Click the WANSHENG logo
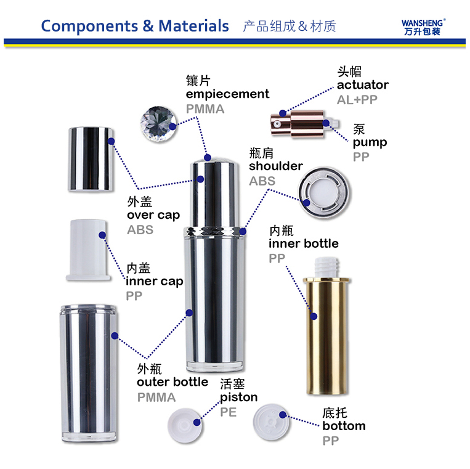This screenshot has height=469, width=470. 423,27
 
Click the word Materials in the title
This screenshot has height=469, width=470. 193,26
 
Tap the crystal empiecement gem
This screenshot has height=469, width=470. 158,124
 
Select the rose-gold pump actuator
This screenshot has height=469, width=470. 305,124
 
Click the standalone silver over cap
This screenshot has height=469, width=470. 91,159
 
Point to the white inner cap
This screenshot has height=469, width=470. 88,250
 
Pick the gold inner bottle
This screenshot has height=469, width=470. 326,325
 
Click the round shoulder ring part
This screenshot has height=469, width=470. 324,192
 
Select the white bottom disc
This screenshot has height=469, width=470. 271,422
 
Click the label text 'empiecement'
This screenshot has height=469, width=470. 227,94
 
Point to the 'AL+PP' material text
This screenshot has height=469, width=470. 357,100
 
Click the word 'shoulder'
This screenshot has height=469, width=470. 276,166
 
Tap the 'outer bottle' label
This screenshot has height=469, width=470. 172,382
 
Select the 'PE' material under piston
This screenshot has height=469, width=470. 229,412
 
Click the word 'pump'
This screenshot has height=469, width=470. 370,142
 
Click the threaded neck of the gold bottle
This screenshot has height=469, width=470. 326,267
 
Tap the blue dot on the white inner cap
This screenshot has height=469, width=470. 102,235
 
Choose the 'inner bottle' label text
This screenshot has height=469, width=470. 304,243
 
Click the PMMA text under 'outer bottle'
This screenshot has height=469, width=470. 156,398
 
